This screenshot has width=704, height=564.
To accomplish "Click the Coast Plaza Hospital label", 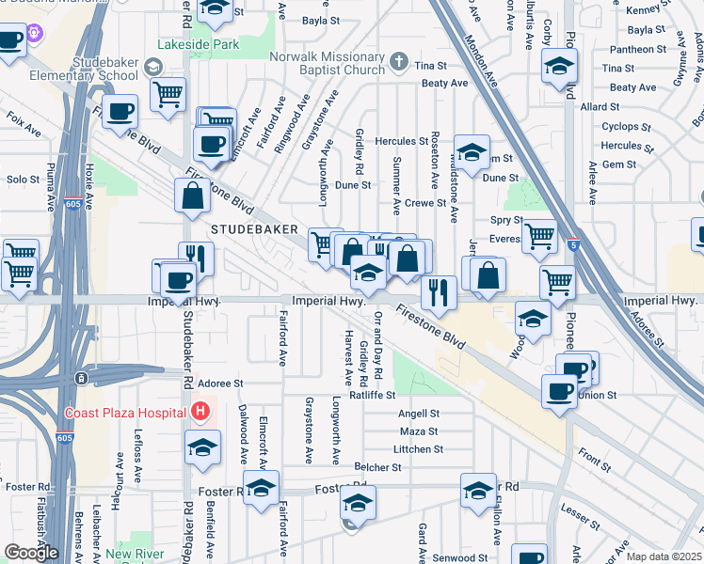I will click(126, 412).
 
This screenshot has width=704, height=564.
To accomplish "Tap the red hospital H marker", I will click(200, 411).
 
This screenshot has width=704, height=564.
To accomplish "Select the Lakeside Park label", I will click(200, 44).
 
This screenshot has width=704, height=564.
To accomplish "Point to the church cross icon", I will click(398, 63).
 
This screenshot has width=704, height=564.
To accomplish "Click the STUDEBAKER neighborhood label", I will click(254, 229).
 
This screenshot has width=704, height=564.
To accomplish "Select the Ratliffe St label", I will click(372, 396).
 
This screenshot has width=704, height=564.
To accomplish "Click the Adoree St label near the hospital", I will click(219, 384).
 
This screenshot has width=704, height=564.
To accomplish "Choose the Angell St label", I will click(419, 414).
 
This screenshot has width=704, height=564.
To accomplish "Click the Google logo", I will click(31, 553).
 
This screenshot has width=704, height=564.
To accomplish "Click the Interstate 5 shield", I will click(573, 245).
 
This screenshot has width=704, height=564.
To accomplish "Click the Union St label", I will click(597, 396).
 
